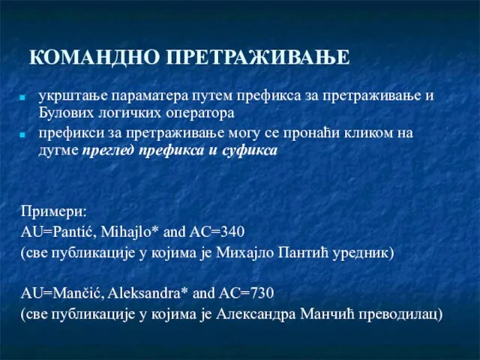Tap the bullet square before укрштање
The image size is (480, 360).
point(22,97)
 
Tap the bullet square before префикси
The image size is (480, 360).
point(22,135)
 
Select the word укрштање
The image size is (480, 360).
point(73,96)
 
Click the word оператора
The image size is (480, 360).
point(200,114)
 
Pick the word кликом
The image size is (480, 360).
point(367,133)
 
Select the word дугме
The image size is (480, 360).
point(58,151)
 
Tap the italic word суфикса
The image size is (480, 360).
point(250,150)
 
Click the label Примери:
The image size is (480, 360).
point(54,211)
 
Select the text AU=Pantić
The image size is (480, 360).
point(58,232)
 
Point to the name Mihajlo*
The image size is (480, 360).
point(130,232)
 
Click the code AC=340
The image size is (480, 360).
point(217,232)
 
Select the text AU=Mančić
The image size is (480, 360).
point(62,293)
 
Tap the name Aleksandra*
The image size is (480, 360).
point(148,293)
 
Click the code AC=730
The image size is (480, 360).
point(246,293)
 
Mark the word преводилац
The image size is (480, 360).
point(400,314)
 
